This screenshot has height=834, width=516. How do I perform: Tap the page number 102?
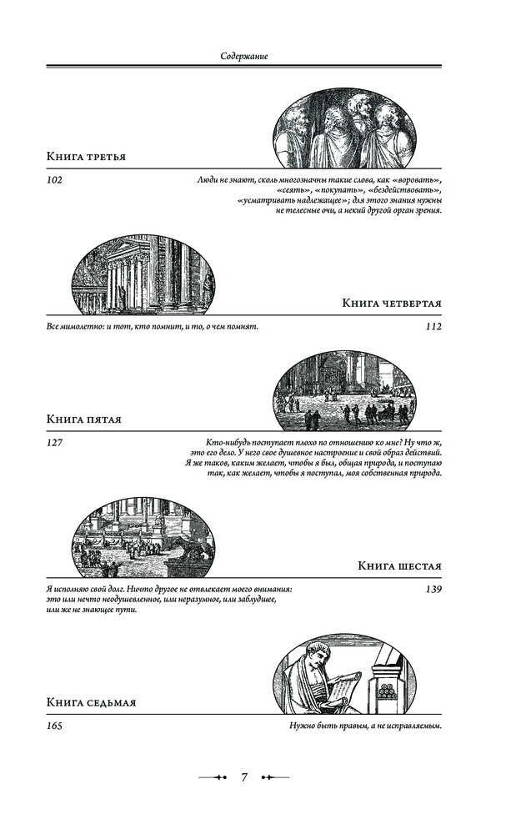click(x=56, y=180)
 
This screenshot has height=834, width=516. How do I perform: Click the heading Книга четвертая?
click(x=392, y=303)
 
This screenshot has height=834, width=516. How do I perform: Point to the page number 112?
click(x=433, y=327)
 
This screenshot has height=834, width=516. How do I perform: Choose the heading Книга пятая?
click(x=84, y=420)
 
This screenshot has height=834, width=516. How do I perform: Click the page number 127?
click(x=56, y=443)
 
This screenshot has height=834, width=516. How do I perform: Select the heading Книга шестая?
click(x=399, y=566)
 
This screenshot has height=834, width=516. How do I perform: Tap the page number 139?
click(x=433, y=590)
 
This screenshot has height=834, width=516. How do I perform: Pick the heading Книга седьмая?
click(x=91, y=703)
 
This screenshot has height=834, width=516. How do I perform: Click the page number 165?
click(x=56, y=726)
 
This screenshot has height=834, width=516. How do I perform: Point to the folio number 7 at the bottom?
click(x=244, y=777)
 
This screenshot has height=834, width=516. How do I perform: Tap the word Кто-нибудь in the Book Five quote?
click(x=228, y=442)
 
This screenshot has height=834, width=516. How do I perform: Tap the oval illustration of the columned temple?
click(x=143, y=274)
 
